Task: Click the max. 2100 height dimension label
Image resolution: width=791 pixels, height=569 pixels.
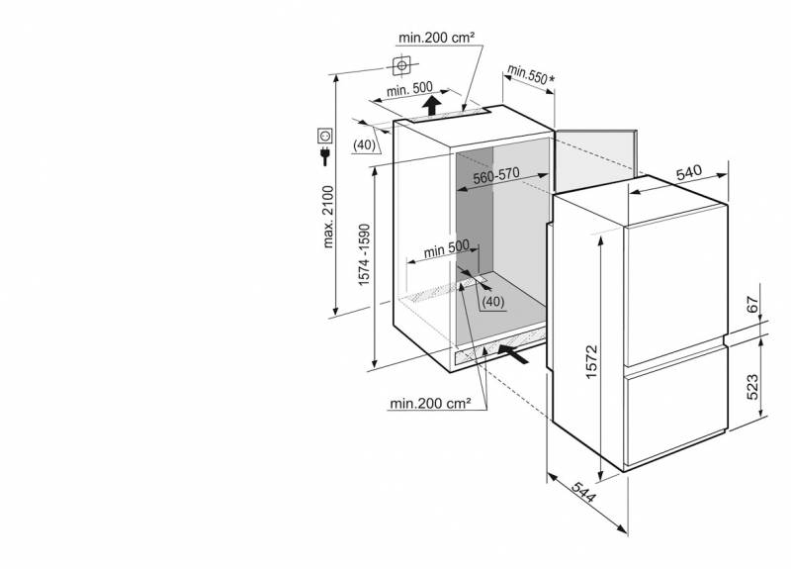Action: pos(328,217)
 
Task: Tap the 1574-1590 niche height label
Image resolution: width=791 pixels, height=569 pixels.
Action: pos(364,254)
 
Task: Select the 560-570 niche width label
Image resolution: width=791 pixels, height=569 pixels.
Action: pos(496,175)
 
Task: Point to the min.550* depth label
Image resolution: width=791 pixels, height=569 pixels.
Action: pos(531,75)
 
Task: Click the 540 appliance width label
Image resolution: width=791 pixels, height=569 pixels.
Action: pos(689,172)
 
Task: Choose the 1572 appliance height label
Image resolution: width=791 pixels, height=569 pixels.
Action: pos(591,361)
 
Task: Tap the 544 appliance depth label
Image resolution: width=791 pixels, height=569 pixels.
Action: pos(584,492)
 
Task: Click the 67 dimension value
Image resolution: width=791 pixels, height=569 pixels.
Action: pos(752,305)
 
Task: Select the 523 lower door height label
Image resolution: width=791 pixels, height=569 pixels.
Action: pos(752,387)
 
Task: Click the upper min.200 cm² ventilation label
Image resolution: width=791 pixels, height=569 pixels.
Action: pos(436,38)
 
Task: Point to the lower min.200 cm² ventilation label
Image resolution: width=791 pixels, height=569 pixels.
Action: pos(430,404)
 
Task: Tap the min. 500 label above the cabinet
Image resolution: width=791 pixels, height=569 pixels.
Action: pos(409,89)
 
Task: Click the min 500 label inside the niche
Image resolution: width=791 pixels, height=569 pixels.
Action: pos(447,248)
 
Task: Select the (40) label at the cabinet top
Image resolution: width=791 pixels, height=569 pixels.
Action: pos(364,144)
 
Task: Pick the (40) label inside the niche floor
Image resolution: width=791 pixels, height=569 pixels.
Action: pos(492,302)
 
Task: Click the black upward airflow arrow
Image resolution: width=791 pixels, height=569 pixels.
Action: pos(431,105)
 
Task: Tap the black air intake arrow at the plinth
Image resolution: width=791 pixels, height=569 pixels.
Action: pos(514,353)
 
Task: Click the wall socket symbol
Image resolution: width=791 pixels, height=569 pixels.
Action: pos(325,136)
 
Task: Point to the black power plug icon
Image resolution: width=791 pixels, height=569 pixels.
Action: pos(325,156)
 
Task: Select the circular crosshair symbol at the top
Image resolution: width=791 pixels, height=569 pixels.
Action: pos(401,65)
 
